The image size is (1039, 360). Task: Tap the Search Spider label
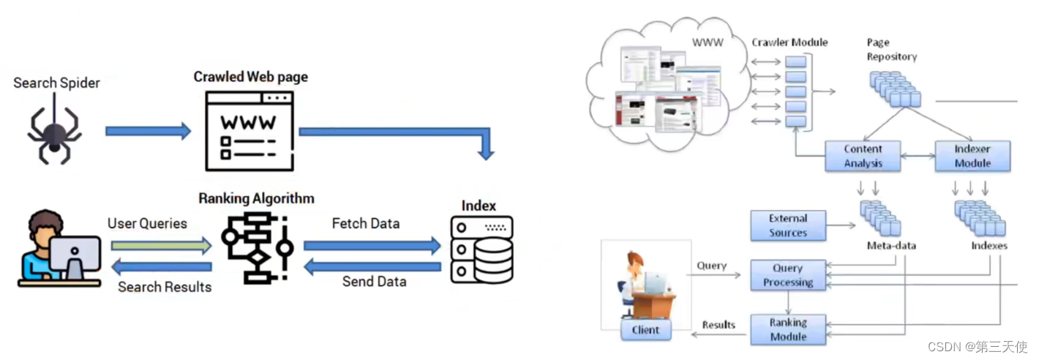coord(56,83)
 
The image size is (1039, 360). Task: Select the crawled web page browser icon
coord(250,130)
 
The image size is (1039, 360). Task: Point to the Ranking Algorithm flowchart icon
coord(257,247)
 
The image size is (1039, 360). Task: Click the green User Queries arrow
coord(161,246)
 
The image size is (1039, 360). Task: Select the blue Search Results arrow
coord(161,267)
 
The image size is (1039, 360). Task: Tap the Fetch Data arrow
coord(372,246)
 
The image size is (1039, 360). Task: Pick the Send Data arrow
coord(372,267)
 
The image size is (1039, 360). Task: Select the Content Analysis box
coord(863,156)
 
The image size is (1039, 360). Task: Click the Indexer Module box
coord(972,156)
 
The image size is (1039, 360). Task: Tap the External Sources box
coord(788,225)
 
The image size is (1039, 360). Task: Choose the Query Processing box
coord(788,275)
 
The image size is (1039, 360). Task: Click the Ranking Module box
coord(788,329)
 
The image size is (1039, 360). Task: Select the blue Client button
coord(645,330)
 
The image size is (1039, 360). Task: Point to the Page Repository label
coord(891,50)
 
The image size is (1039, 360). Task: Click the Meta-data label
coord(891,246)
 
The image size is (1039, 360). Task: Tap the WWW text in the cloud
coord(708,42)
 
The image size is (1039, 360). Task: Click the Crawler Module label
coord(789,42)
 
